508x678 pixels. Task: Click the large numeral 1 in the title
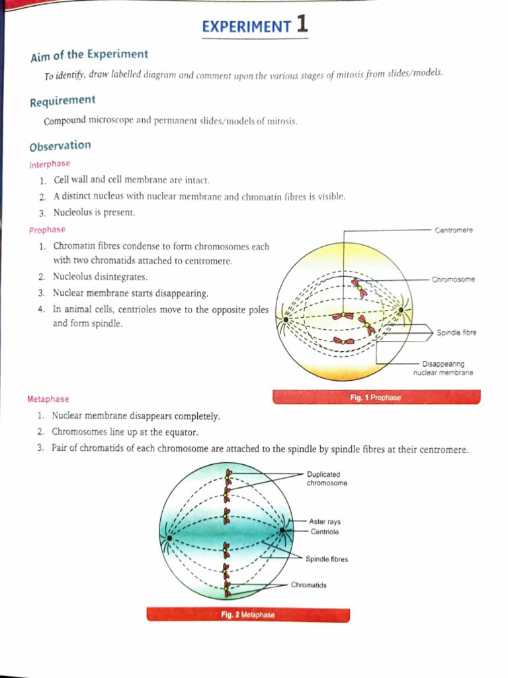[x=302, y=25]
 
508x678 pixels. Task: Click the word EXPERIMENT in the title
[x=246, y=27]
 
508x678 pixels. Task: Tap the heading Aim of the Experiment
[x=89, y=56]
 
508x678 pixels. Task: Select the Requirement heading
[x=62, y=101]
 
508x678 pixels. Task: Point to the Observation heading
[x=60, y=146]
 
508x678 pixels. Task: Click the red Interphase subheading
[x=50, y=164]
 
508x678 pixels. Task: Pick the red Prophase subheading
[x=47, y=230]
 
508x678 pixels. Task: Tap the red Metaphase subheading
[x=48, y=399]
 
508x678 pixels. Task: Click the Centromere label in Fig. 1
[x=454, y=230]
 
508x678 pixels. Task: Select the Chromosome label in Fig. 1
[x=453, y=279]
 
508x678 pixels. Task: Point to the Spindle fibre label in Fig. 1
[x=456, y=332]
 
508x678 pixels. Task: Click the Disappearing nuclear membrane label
[x=443, y=368]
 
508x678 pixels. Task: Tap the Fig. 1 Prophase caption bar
[x=376, y=397]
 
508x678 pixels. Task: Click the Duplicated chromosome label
[x=327, y=479]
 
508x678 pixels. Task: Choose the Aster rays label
[x=325, y=522]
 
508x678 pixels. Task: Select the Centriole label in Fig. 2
[x=324, y=532]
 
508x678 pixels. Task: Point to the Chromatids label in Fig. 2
[x=308, y=585]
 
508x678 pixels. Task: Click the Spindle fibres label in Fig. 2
[x=327, y=559]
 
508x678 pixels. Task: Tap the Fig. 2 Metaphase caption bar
[x=248, y=615]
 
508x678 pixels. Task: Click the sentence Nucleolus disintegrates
[x=101, y=277]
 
